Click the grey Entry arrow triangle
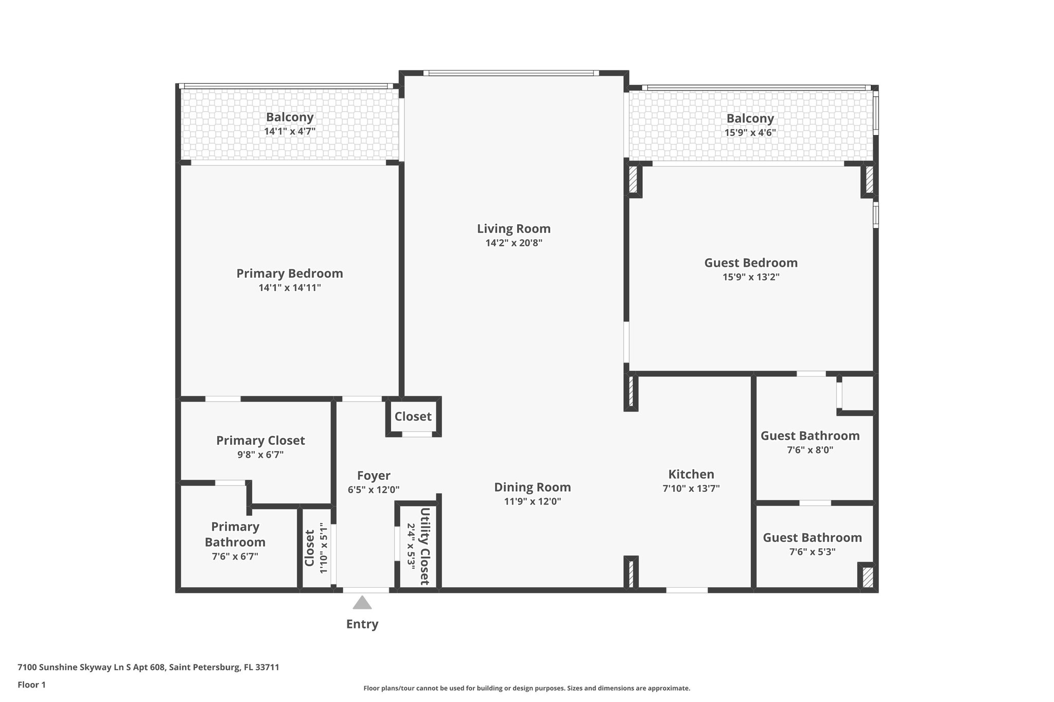(x=362, y=603)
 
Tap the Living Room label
(x=514, y=229)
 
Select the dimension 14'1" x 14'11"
(x=290, y=288)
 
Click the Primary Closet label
(x=260, y=441)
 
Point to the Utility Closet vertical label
(x=425, y=546)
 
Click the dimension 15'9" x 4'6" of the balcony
(x=750, y=133)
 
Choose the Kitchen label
(x=691, y=474)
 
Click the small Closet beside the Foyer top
(x=413, y=417)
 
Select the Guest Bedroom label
(x=751, y=263)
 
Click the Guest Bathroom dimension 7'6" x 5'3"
(x=812, y=552)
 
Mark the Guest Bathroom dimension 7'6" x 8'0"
(x=810, y=451)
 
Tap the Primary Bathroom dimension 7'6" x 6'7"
(x=235, y=556)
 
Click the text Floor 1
(x=31, y=685)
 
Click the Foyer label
(x=374, y=476)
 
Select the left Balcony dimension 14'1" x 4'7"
(x=290, y=131)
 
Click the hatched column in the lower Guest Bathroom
(x=868, y=577)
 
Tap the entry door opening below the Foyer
(x=366, y=590)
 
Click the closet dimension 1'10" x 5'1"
(x=323, y=548)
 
